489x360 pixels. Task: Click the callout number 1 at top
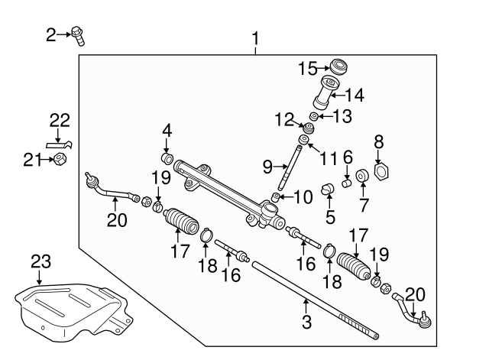click(255, 37)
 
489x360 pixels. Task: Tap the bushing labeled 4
click(167, 160)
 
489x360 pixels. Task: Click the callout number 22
click(60, 120)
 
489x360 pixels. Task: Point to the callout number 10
click(303, 197)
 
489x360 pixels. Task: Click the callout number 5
click(330, 216)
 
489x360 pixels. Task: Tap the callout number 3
click(306, 323)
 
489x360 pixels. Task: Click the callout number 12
click(285, 118)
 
